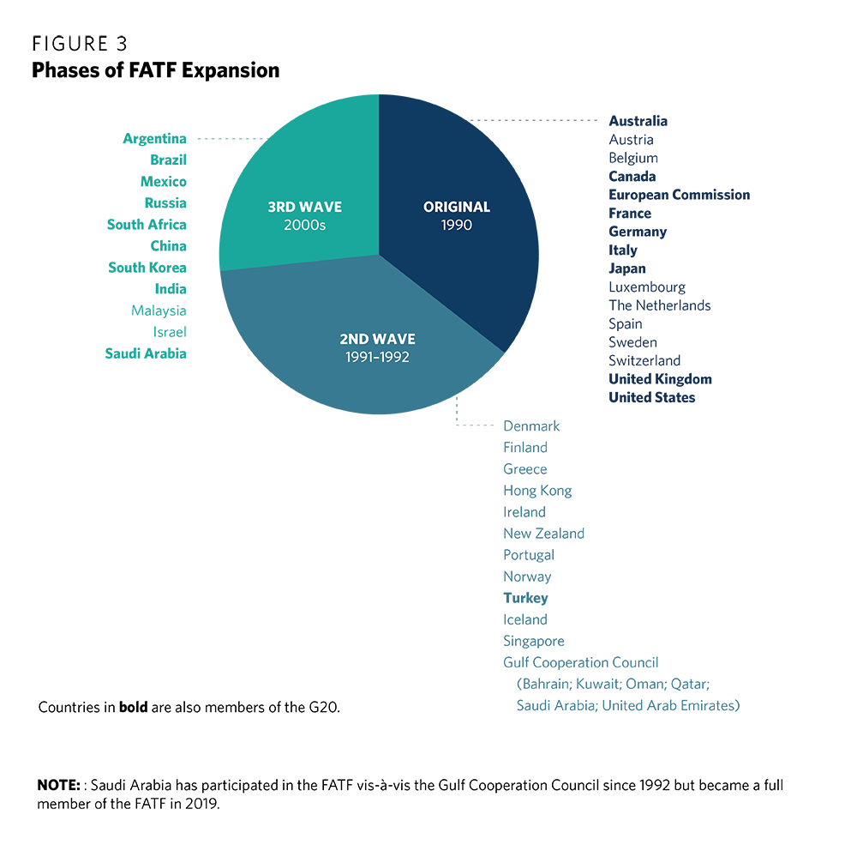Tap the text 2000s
point(305,225)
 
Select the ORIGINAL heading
point(457,207)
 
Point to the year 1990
point(457,225)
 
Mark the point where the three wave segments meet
point(380,254)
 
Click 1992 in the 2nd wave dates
point(395,357)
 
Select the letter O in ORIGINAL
point(428,207)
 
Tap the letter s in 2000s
point(323,225)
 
